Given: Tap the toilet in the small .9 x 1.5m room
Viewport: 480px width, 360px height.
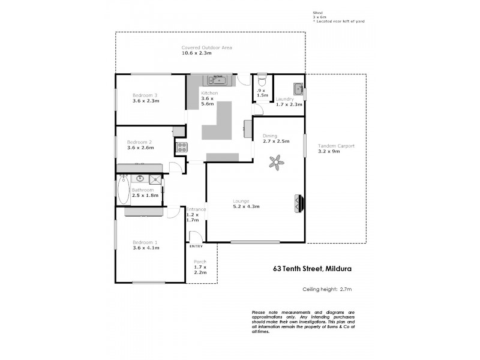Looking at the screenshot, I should [261, 82].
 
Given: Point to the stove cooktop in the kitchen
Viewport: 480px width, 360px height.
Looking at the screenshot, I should [181, 146].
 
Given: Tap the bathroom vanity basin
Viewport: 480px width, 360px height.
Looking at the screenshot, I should [140, 178].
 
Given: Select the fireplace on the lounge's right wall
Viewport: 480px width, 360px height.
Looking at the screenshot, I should [299, 205].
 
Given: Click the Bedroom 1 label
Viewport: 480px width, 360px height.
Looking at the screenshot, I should [145, 242].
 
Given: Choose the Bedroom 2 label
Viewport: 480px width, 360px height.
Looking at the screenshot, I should [139, 142].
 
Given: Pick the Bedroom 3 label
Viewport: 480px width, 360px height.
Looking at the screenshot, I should [145, 95].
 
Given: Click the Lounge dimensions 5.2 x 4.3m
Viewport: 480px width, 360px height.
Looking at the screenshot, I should [245, 206].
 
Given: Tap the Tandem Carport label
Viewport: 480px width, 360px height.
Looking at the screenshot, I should [336, 146].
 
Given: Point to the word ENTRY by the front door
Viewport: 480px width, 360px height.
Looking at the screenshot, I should [196, 247].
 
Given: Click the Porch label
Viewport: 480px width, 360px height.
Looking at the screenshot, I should [200, 262].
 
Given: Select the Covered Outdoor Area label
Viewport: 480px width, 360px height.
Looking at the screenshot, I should [206, 47].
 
